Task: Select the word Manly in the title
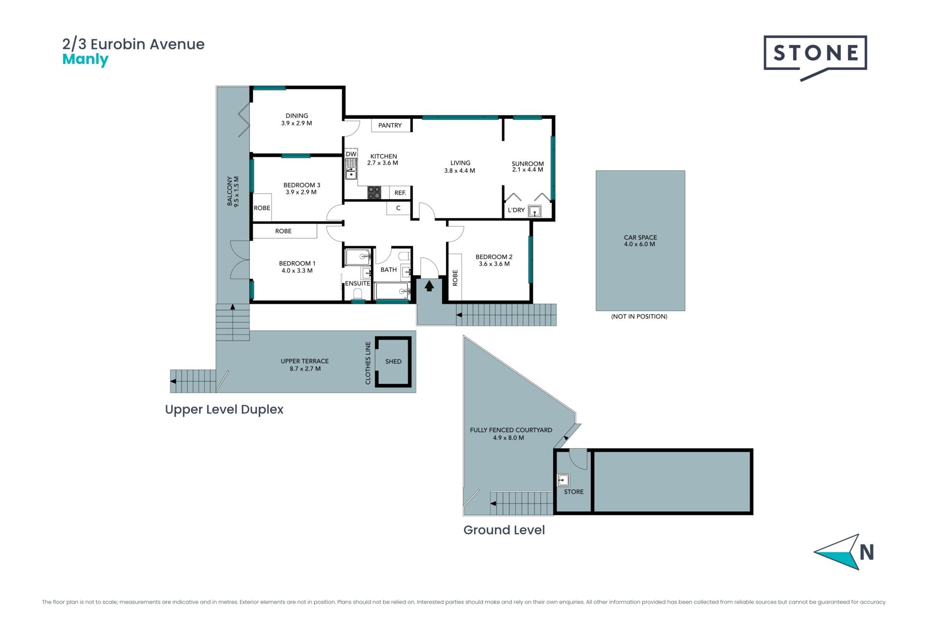[85, 60]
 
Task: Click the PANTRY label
[390, 125]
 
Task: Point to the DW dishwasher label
[351, 154]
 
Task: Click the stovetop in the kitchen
[374, 192]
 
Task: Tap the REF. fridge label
[400, 192]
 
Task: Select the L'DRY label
[516, 210]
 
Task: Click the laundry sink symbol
[535, 211]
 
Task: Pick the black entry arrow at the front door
[429, 286]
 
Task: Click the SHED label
[393, 362]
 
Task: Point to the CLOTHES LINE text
[368, 363]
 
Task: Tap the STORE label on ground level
[574, 492]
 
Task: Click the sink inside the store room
[564, 480]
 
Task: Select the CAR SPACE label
[640, 237]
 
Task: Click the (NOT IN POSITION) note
[639, 316]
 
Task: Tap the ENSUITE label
[358, 283]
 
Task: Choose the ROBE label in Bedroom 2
[455, 278]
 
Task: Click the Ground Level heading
[504, 530]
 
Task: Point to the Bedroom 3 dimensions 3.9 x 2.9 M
[301, 192]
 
